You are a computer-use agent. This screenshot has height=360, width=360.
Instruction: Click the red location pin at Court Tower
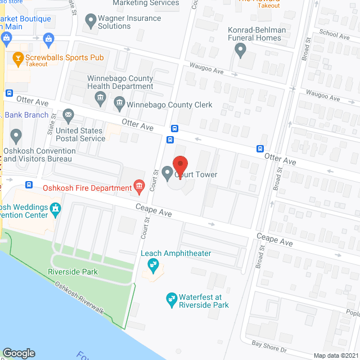click(180, 164)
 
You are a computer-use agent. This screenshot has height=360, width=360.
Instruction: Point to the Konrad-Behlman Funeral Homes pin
click(241, 51)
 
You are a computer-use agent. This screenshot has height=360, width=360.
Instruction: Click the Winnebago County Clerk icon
click(119, 103)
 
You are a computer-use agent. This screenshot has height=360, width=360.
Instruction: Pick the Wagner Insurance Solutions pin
click(90, 22)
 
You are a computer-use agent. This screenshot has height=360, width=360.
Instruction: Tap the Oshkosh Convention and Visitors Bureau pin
click(16, 136)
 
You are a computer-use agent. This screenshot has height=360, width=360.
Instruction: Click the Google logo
click(18, 353)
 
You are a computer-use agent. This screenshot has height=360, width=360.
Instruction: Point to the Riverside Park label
click(73, 272)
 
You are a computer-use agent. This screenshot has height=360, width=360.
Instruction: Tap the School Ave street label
click(334, 35)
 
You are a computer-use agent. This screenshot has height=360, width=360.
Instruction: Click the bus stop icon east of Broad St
click(260, 149)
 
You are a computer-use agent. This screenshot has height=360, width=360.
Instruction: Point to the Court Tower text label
click(195, 175)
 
